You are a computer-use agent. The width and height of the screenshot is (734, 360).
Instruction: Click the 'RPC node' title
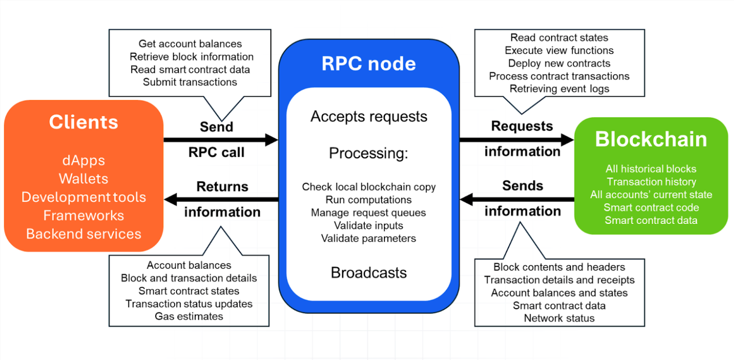369,64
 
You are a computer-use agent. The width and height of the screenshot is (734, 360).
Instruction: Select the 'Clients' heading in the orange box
83,122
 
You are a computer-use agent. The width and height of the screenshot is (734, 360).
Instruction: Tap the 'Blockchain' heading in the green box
651,140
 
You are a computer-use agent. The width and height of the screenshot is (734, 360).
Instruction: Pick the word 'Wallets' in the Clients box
83,179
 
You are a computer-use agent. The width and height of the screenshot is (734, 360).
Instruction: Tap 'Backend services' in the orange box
83,234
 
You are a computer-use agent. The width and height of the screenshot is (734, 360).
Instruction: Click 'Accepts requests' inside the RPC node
369,116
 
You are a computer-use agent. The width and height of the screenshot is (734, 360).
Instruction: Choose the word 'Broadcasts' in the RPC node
369,273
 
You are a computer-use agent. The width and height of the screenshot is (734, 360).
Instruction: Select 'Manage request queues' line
369,213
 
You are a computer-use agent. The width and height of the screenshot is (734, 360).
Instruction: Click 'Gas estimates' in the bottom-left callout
189,316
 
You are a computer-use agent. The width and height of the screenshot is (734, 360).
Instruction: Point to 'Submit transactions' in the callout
190,82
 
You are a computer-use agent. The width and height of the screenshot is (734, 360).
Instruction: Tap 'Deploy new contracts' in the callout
559,63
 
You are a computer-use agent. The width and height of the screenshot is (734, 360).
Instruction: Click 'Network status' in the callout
559,318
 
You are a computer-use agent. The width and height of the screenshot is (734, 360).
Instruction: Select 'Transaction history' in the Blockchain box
651,182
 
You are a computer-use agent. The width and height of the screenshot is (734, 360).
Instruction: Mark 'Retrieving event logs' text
559,89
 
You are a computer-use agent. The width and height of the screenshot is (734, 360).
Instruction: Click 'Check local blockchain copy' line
369,187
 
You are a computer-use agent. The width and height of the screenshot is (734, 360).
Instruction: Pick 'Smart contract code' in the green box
651,208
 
